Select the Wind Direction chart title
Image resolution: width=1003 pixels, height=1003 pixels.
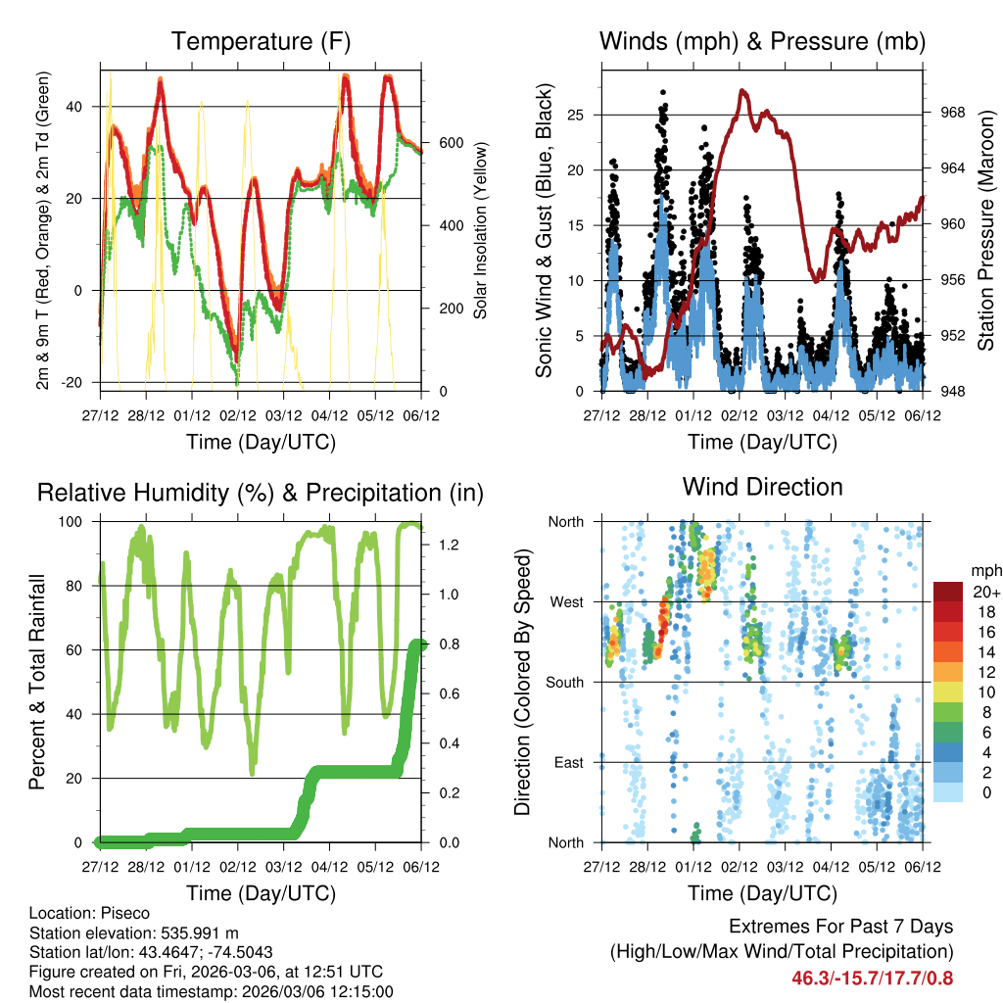(762, 486)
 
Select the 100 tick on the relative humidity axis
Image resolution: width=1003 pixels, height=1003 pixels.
(76, 522)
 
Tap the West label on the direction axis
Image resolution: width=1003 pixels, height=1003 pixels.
(565, 601)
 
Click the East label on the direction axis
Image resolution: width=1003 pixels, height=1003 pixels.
(567, 762)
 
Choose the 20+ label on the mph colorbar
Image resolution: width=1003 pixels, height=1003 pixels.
(984, 592)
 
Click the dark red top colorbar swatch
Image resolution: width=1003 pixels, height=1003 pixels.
(948, 591)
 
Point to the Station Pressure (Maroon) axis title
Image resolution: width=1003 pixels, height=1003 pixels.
(985, 230)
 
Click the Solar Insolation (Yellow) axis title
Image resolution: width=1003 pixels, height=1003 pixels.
(481, 230)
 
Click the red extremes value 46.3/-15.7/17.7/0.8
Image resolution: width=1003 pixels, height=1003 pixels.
(874, 978)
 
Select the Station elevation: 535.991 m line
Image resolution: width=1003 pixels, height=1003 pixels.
(134, 932)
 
